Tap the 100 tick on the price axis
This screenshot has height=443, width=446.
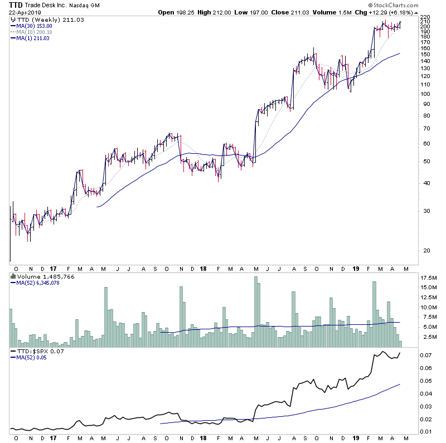pos(425,94)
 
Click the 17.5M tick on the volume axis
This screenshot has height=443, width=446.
pos(428,278)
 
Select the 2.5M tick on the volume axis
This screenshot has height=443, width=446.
pos(428,337)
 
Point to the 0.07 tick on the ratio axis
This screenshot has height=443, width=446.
pos(426,355)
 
